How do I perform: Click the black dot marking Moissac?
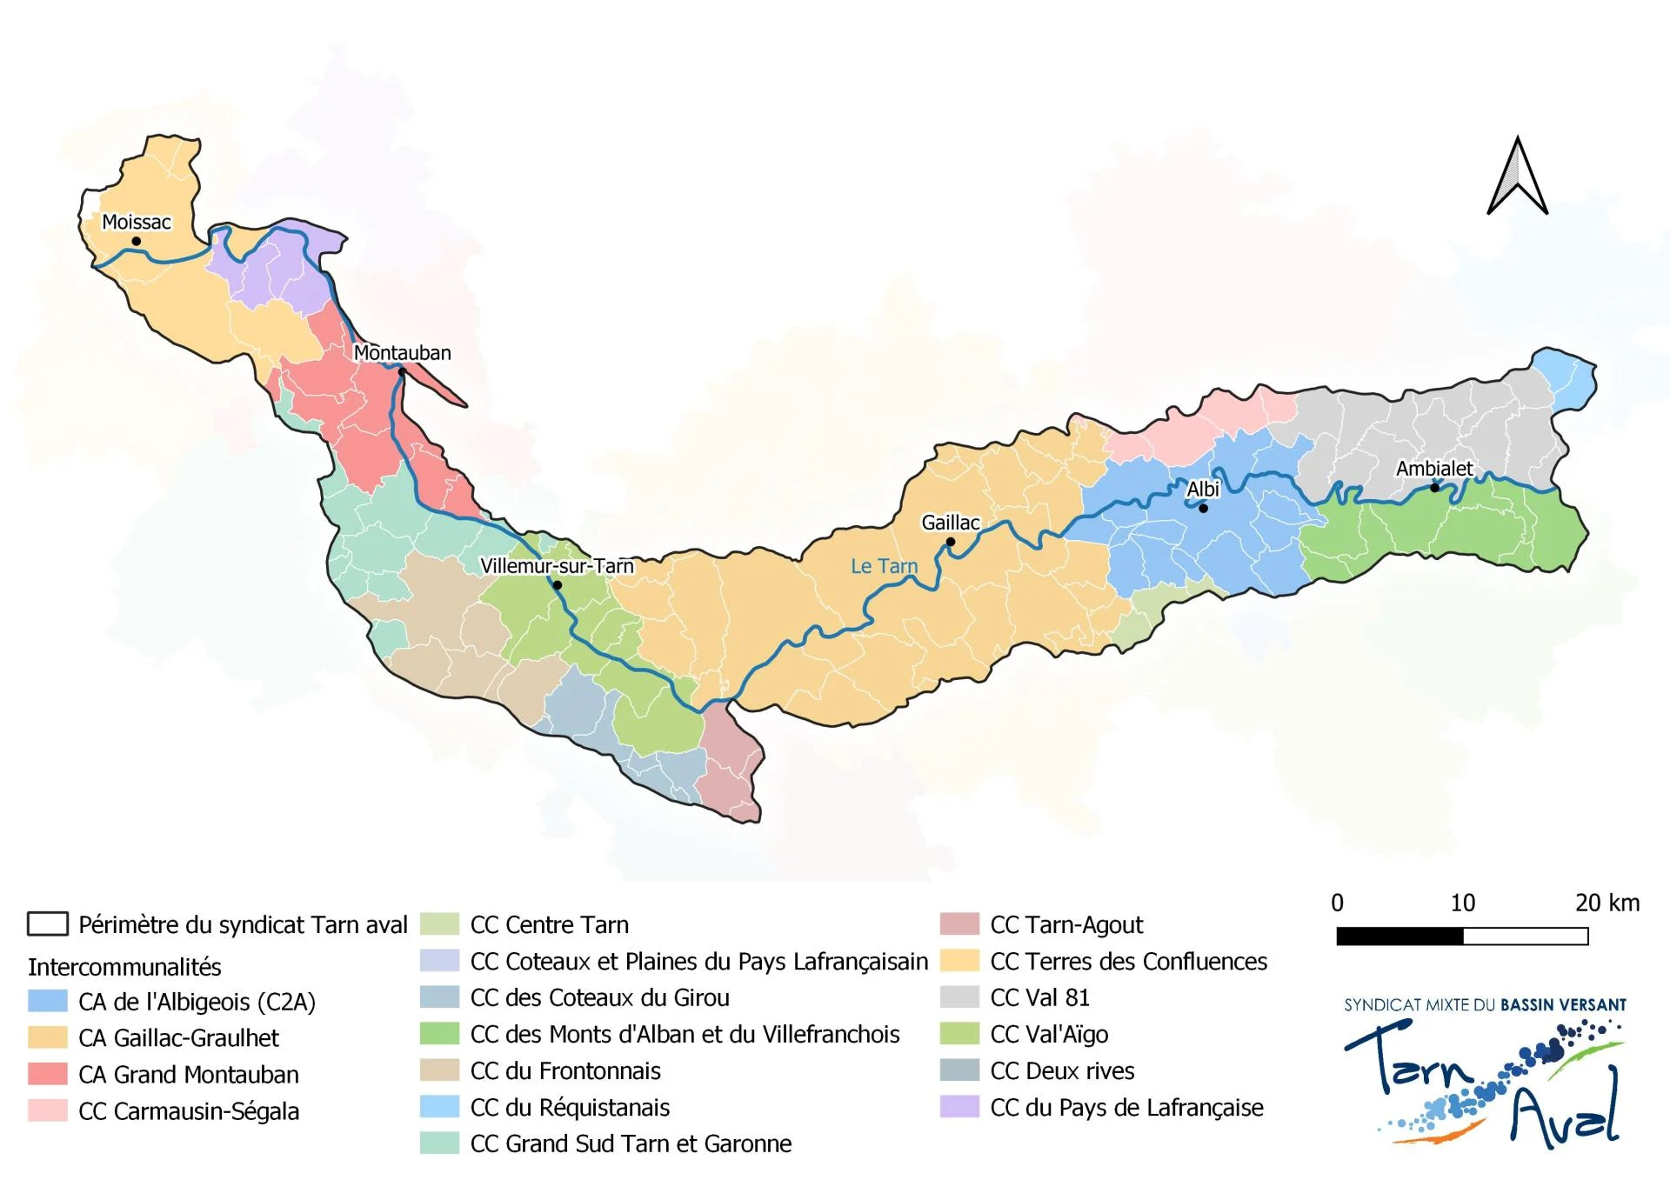point(136,241)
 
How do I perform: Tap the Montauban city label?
point(402,353)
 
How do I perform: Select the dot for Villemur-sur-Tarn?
point(558,585)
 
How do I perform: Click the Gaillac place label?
point(950,523)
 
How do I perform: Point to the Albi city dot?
point(1203,508)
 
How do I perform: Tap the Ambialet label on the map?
point(1434,469)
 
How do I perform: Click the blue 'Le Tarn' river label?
point(884,566)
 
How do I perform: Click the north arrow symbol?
point(1517,177)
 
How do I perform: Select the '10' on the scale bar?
point(1462,903)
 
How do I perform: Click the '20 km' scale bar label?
point(1607,903)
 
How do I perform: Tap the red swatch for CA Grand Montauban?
point(47,1074)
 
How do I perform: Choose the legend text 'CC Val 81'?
point(1039,997)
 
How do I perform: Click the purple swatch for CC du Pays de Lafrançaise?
point(959,1107)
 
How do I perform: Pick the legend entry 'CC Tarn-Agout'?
point(1066,924)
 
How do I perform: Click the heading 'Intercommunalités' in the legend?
point(124,967)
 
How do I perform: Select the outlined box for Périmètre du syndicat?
point(47,923)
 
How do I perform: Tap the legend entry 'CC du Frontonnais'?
point(565,1070)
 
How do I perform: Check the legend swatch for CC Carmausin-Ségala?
point(47,1110)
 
